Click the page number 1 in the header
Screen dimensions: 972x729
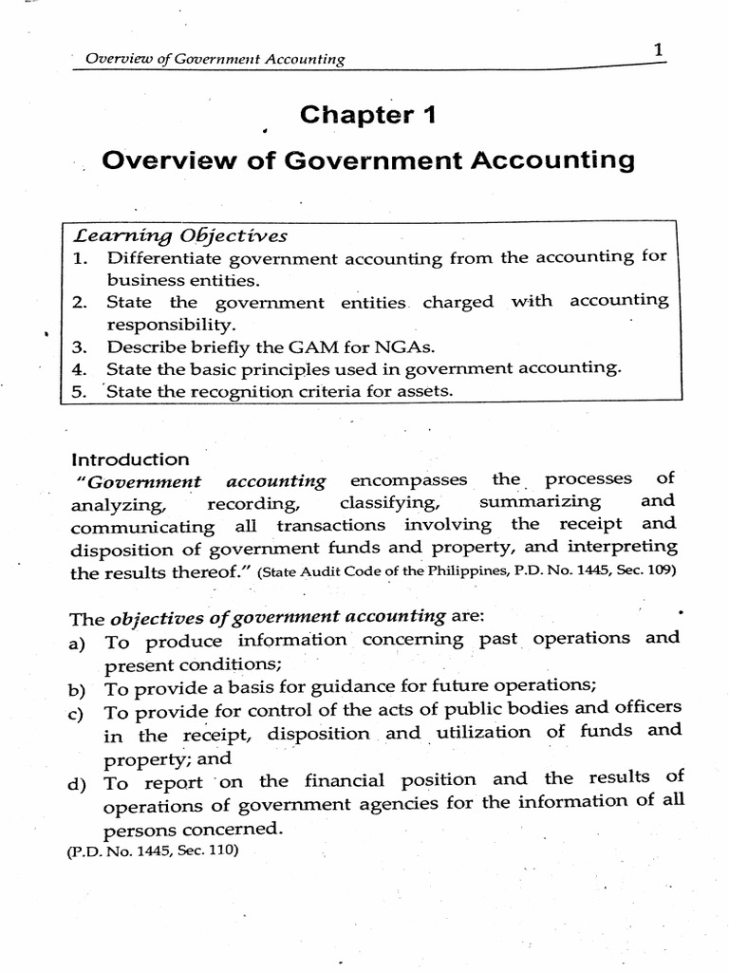[658, 52]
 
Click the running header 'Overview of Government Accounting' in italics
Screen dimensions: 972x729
[215, 60]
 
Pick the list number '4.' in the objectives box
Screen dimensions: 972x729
[79, 368]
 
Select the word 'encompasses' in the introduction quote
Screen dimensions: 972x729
[409, 480]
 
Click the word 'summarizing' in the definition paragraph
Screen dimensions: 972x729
[540, 501]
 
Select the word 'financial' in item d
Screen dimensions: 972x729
[359, 781]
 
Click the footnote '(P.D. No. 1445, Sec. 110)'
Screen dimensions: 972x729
[152, 851]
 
